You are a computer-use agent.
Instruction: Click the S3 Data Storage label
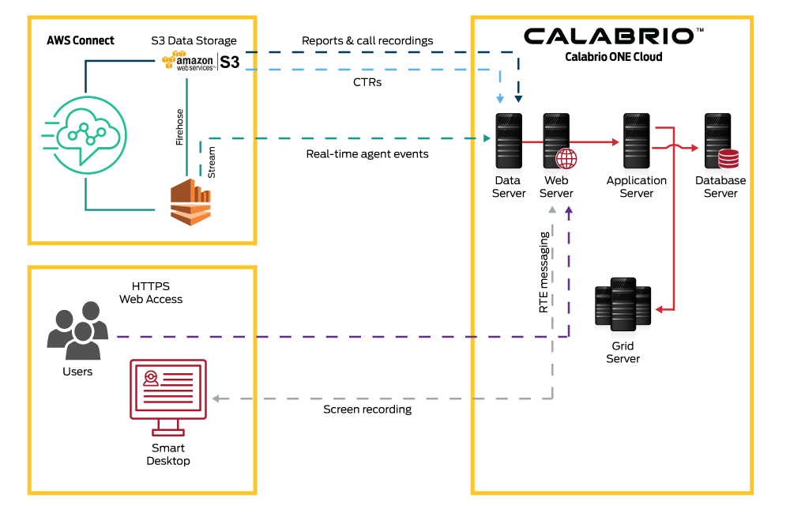(194, 41)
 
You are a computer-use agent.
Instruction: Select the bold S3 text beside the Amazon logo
(229, 62)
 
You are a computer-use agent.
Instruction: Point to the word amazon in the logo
(196, 59)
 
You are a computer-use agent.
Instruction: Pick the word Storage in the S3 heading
(215, 41)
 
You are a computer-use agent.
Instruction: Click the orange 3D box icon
(192, 202)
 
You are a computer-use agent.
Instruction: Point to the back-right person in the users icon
(92, 316)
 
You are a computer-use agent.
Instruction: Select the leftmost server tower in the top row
(508, 141)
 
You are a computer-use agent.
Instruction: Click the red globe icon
(566, 158)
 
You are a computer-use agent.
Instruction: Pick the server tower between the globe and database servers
(636, 141)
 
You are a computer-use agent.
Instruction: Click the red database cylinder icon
(728, 159)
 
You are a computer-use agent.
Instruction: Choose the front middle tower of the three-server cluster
(623, 304)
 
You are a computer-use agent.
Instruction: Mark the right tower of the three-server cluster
(643, 305)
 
